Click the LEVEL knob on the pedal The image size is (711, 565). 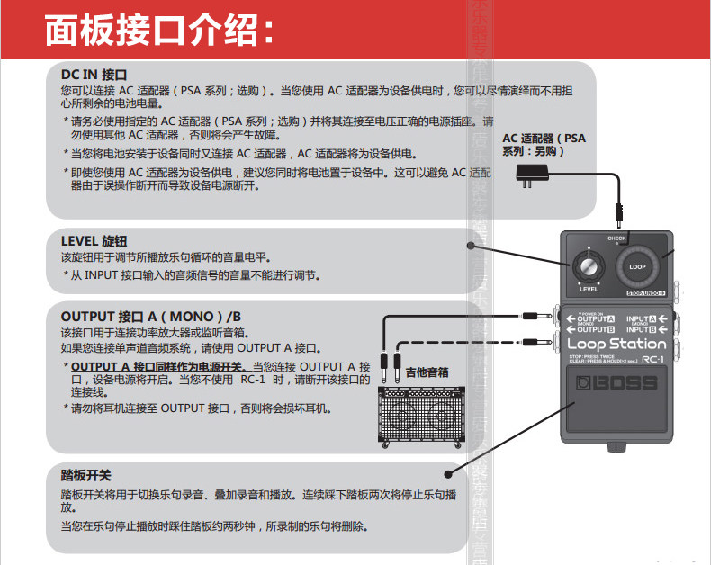[x=589, y=268]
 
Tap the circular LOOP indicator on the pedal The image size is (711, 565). [x=637, y=266]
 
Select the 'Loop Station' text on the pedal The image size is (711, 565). [x=616, y=345]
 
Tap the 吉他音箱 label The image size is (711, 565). [x=427, y=371]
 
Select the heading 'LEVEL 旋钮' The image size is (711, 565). [x=94, y=241]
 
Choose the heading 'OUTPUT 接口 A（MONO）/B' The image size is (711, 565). [x=151, y=317]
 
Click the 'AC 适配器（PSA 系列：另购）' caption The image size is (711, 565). [x=544, y=145]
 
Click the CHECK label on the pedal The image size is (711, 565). [x=616, y=238]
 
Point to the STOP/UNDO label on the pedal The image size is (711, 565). [x=645, y=293]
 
